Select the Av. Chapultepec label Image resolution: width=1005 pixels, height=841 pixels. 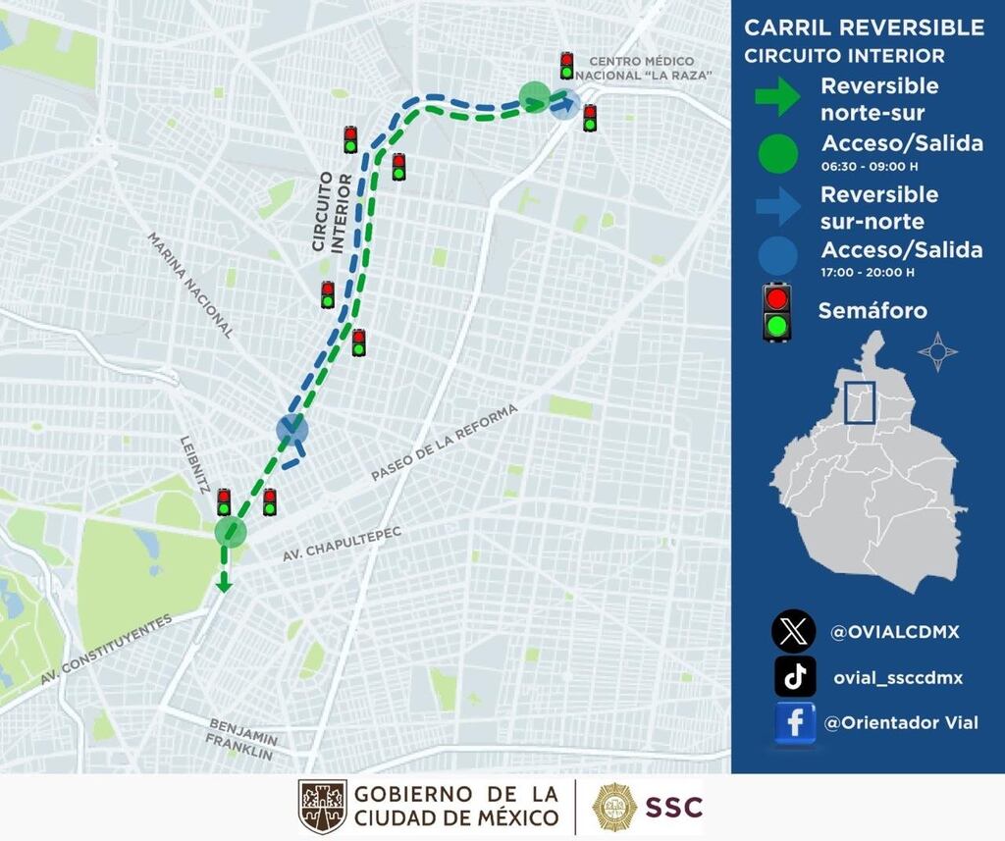(x=343, y=543)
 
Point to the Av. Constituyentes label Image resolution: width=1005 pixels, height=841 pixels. (x=106, y=649)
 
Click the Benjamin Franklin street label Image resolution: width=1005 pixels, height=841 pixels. (x=240, y=738)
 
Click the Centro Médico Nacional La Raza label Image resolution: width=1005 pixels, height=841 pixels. (x=642, y=68)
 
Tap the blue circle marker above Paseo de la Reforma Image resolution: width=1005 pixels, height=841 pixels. (x=292, y=429)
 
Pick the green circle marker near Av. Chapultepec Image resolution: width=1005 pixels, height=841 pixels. (x=231, y=532)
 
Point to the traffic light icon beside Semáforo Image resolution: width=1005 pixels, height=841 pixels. (x=777, y=311)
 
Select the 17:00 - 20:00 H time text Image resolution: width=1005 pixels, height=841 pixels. (x=869, y=272)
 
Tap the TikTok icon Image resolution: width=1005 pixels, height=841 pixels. (x=795, y=676)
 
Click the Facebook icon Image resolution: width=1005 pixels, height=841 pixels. (x=795, y=723)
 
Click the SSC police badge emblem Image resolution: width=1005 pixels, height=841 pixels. (x=614, y=807)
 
